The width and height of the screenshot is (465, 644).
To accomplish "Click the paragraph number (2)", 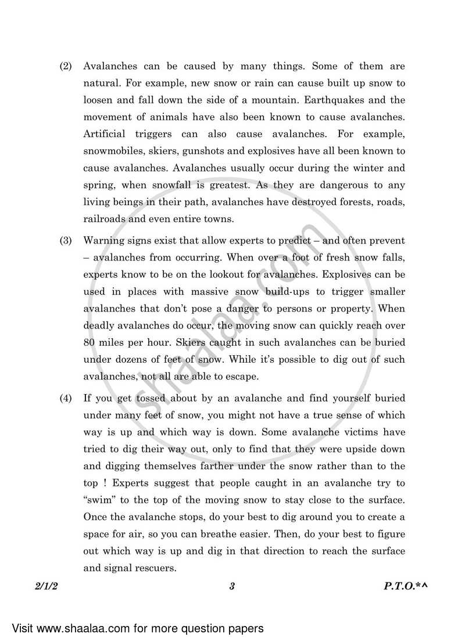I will pyautogui.click(x=66, y=67).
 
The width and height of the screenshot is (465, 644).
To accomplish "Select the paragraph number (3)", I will pyautogui.click(x=66, y=240).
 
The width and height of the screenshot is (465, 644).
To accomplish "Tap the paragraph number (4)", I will pyautogui.click(x=66, y=398).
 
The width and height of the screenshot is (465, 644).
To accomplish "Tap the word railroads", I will pyautogui.click(x=103, y=218).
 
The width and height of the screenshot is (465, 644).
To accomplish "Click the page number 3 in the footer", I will pyautogui.click(x=231, y=586).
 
